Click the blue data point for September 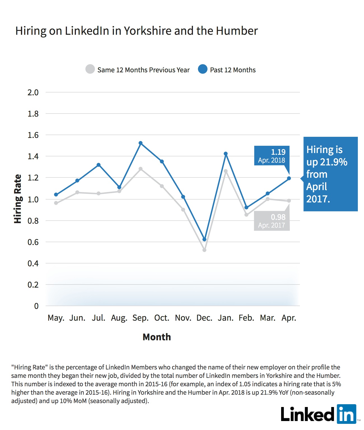pyautogui.click(x=141, y=143)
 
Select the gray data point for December pyautogui.click(x=204, y=250)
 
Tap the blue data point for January pyautogui.click(x=226, y=154)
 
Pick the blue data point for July pyautogui.click(x=99, y=165)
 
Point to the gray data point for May pyautogui.click(x=56, y=203)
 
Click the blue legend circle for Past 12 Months pyautogui.click(x=202, y=69)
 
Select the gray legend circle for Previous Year pyautogui.click(x=90, y=69)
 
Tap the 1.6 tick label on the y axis pyautogui.click(x=33, y=135)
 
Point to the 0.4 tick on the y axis pyautogui.click(x=33, y=263)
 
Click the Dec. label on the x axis pyautogui.click(x=204, y=318)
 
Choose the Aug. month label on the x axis pyautogui.click(x=119, y=318)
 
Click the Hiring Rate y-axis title pyautogui.click(x=18, y=199)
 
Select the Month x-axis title pyautogui.click(x=157, y=337)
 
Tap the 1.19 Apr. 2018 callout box pyautogui.click(x=272, y=156)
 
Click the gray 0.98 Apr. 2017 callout pyautogui.click(x=272, y=221)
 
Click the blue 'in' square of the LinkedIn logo pyautogui.click(x=346, y=414)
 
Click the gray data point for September pyautogui.click(x=141, y=169)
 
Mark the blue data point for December pyautogui.click(x=204, y=239)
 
